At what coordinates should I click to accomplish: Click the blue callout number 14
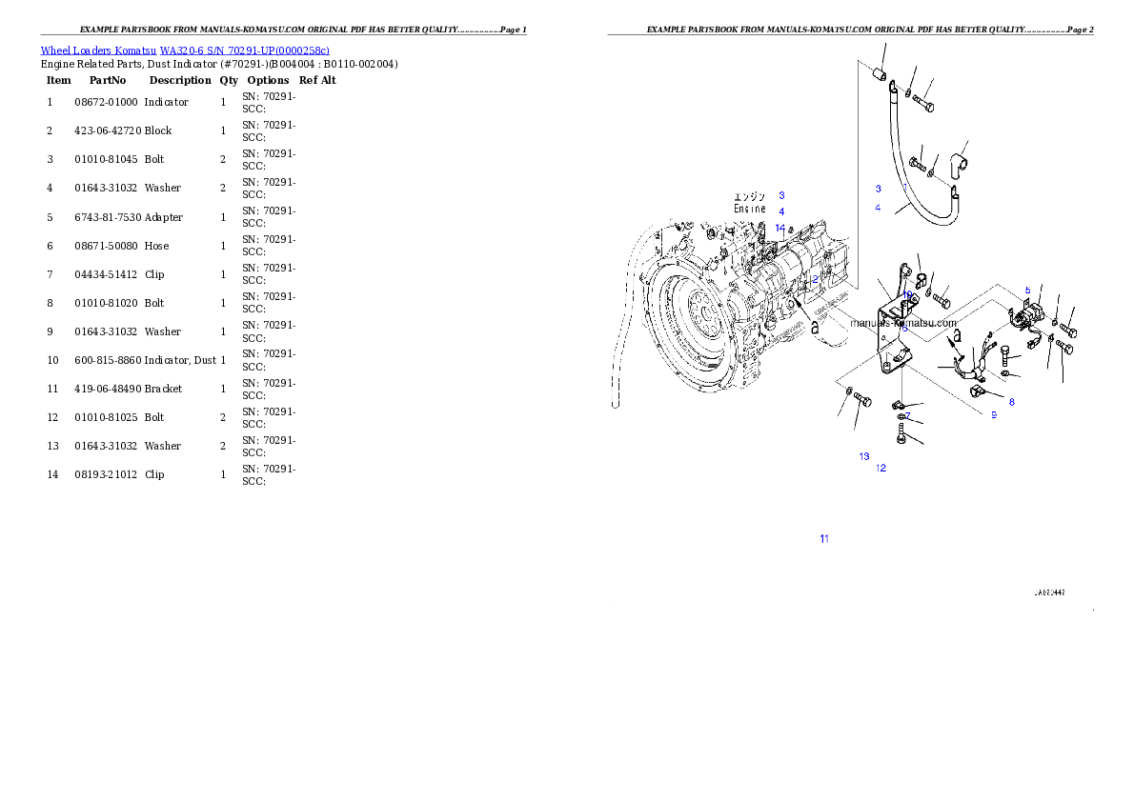(x=780, y=228)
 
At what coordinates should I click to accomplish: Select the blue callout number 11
(x=824, y=539)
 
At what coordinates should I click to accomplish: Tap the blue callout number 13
(x=863, y=456)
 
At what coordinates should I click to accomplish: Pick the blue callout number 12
(x=881, y=468)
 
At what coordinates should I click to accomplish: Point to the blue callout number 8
(x=1011, y=402)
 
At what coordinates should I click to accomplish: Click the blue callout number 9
(x=993, y=414)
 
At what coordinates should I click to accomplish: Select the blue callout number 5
(x=1027, y=290)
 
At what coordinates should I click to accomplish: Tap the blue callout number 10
(x=909, y=295)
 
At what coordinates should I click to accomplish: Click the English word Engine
(x=750, y=209)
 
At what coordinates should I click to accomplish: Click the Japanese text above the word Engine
(x=750, y=196)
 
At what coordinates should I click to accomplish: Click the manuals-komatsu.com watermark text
(x=902, y=322)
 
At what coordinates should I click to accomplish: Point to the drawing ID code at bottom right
(x=1049, y=592)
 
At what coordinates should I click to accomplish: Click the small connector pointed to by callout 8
(x=976, y=391)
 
